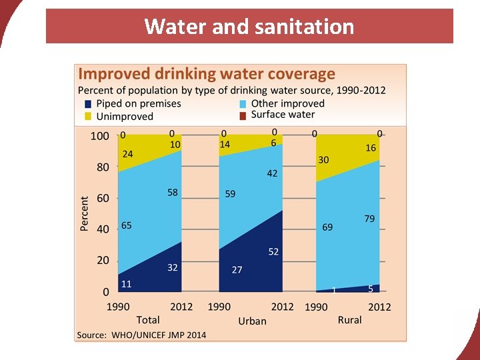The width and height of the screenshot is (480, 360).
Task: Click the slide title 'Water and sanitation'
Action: point(249,27)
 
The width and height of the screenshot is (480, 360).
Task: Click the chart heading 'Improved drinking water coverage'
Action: point(207,74)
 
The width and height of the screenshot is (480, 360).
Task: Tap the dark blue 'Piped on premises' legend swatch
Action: point(88,104)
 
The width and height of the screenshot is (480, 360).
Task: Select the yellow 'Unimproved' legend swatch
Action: point(88,116)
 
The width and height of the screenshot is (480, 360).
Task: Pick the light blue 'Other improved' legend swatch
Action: point(243,104)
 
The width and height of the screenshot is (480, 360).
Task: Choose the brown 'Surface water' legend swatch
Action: point(243,115)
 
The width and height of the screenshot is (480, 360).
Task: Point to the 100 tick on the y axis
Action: point(99,136)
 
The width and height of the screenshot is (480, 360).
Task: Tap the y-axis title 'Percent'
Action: point(85,213)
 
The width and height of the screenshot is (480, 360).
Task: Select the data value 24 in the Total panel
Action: point(127,154)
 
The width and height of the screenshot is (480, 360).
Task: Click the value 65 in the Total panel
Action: point(126,225)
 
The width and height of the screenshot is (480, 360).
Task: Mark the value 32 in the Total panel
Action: point(172,267)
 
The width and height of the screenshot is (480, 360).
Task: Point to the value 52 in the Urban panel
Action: point(273,252)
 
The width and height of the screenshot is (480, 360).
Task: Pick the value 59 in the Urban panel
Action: point(230,194)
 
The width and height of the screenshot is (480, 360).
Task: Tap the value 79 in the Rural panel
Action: point(369,219)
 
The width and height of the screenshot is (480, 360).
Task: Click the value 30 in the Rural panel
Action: point(324,160)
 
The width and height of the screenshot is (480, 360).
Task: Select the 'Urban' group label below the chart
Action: point(252,321)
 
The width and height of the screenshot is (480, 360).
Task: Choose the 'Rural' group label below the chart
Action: point(349,320)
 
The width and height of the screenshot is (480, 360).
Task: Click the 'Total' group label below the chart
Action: point(148,320)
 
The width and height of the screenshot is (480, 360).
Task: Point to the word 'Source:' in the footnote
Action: point(91,335)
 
